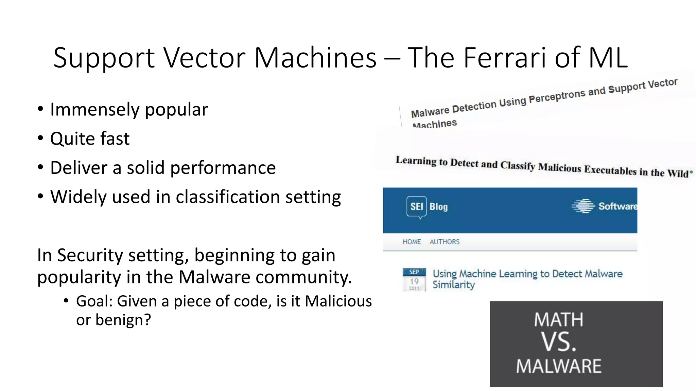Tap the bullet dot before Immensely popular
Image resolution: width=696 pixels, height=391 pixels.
pos(40,109)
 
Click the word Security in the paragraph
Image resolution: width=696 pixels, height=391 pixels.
pos(90,255)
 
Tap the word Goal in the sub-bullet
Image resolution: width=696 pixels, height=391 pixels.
pos(94,301)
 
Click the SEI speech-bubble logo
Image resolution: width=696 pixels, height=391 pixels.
pos(416,207)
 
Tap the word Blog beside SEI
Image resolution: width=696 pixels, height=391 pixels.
pos(438,207)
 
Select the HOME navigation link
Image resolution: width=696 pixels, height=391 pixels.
pos(412,242)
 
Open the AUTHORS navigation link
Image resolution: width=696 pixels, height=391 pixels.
pos(444,242)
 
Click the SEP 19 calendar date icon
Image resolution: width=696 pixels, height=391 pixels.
pos(414,280)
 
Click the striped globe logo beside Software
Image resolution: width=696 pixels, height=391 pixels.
pos(583,206)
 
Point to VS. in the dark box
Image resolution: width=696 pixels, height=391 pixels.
pos(559,342)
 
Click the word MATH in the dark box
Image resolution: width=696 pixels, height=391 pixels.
pos(558,320)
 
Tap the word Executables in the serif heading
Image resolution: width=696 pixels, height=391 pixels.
pos(610,170)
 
